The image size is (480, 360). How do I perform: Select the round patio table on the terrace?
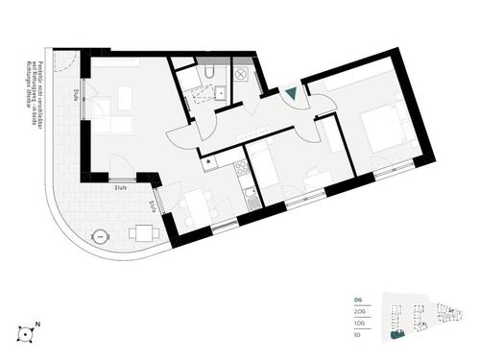point(99,236)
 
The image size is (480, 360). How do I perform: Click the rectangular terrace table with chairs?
point(143,231)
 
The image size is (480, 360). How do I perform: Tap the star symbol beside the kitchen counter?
point(209,161)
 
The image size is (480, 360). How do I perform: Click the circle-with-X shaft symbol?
point(241,73)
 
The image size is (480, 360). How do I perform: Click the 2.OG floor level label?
point(359,312)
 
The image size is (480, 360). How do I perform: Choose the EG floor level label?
point(356,337)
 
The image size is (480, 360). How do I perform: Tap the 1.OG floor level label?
point(359,324)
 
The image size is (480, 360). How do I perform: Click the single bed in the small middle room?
point(270,169)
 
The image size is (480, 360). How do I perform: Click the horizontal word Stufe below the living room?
point(121,189)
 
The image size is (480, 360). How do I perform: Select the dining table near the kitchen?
point(198,204)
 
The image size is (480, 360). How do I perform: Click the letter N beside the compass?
point(37,324)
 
